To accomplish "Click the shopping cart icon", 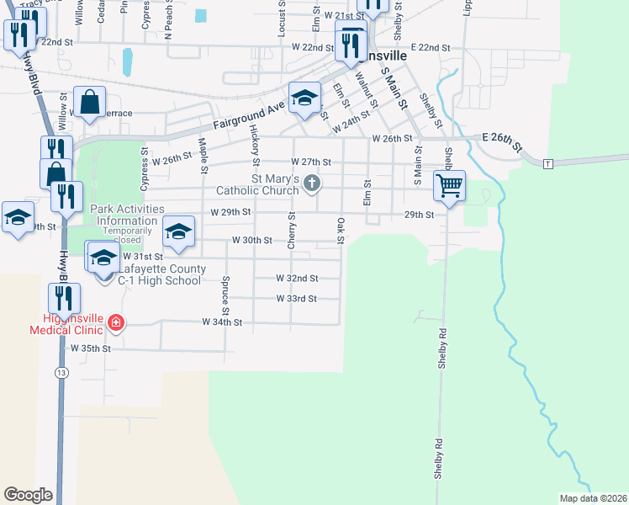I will click(x=450, y=184).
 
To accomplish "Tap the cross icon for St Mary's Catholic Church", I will click(x=312, y=183).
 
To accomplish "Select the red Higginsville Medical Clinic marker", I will click(x=115, y=322).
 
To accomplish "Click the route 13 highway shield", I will click(x=61, y=371).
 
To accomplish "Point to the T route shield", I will click(x=547, y=162).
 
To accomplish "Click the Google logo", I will click(x=28, y=495).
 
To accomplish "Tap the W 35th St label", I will click(x=91, y=348).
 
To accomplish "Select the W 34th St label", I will click(x=222, y=322).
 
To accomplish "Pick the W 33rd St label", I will click(x=296, y=299).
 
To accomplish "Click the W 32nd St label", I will click(x=297, y=278).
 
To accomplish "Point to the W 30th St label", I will click(x=252, y=240).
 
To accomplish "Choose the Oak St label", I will click(x=341, y=231).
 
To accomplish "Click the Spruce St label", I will click(x=226, y=292).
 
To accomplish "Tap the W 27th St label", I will click(x=311, y=162).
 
